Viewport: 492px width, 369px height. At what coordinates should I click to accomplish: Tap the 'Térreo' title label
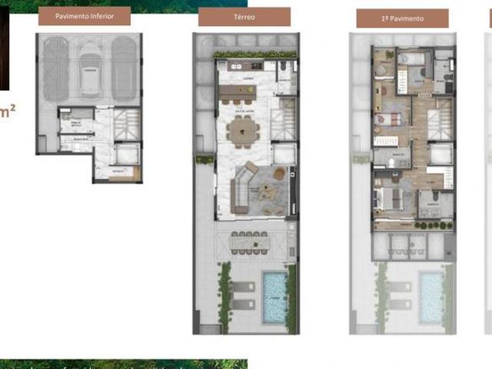point(244,16)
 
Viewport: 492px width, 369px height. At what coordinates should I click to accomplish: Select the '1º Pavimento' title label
point(402,18)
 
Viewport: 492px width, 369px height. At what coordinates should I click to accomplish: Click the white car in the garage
point(90,68)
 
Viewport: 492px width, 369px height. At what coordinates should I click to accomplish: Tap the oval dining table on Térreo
point(244,129)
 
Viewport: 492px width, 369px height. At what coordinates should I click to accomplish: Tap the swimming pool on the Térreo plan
point(274,297)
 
